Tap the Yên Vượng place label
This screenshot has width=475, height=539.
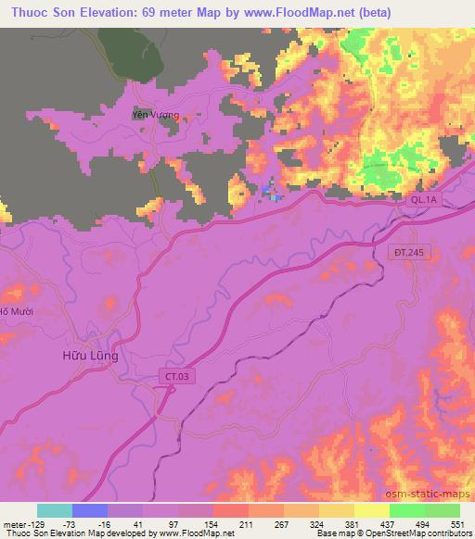[154, 116]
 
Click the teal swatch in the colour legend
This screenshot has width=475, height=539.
[55, 510]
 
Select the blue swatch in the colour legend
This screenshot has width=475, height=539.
[90, 510]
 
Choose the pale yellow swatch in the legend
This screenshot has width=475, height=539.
[372, 510]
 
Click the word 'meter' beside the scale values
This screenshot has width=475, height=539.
[16, 524]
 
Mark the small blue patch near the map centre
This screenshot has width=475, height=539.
[271, 194]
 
